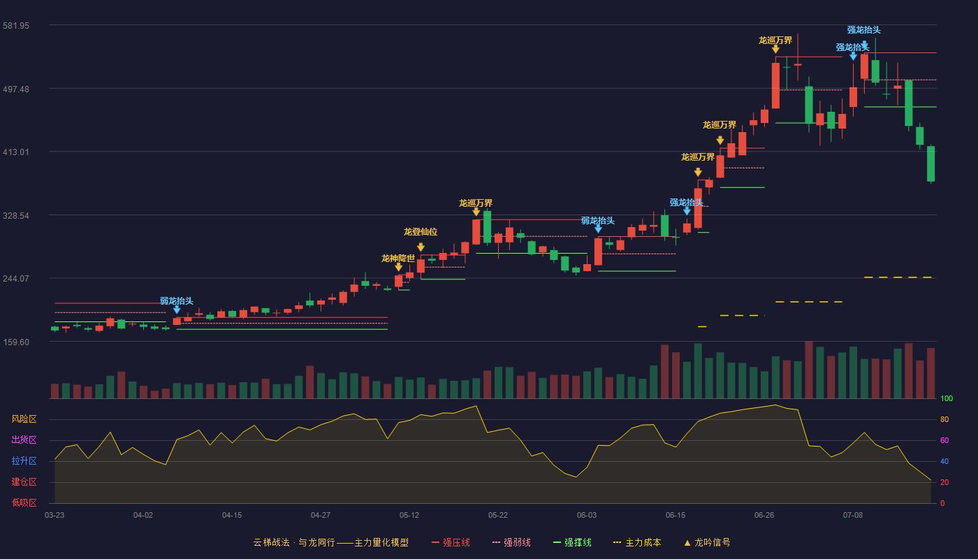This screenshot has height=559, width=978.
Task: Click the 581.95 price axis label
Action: pos(16,26)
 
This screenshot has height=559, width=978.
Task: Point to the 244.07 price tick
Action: pos(16,279)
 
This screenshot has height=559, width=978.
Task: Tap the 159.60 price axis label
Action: pos(16,342)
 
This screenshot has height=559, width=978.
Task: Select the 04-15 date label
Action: pos(232,516)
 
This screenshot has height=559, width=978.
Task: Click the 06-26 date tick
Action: pos(764,516)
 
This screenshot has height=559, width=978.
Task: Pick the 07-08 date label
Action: pos(853,516)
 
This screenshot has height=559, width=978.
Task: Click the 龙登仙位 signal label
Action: pos(421,232)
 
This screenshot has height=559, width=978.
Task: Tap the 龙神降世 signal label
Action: pos(398,259)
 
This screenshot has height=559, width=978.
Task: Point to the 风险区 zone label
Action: pos(24,419)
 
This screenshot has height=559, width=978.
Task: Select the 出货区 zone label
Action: pos(24,440)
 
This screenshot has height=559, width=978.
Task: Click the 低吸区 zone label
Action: pos(24,502)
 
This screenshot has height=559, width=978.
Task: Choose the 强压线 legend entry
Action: pos(451,543)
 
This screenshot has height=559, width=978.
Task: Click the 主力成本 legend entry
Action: pos(637,543)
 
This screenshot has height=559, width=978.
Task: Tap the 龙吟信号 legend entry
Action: pos(707,543)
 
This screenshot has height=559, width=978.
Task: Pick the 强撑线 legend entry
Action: pos(572,543)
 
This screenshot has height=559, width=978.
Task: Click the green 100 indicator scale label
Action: pos(947,399)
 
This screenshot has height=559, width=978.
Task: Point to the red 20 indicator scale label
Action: pos(944,483)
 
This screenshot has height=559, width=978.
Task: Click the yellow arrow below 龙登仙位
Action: pos(421,247)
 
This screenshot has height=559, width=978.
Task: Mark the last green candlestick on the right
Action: pos(930,164)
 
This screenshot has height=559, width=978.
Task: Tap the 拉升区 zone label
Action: pos(24,460)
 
